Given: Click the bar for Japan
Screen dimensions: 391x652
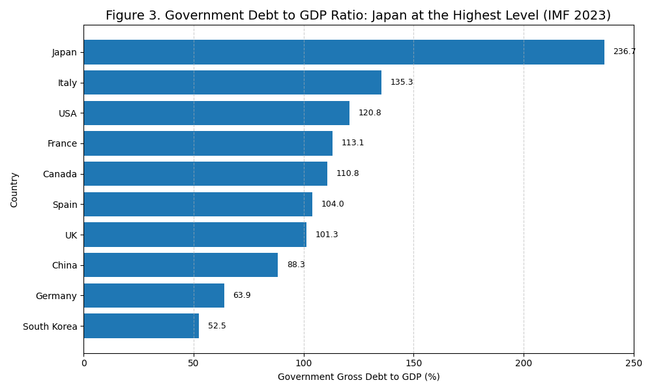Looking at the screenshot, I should point(344,52).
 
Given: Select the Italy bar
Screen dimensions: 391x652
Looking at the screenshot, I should point(232,83).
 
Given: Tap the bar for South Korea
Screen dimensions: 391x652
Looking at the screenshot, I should point(141,326).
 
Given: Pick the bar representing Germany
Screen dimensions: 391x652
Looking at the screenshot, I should point(154,295).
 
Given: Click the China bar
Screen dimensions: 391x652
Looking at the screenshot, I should point(181,265).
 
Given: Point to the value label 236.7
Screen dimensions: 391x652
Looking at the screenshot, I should point(624,52).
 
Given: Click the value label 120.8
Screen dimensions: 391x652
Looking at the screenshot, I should point(370,113).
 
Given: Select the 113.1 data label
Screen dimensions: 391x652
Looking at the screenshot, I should point(353,143).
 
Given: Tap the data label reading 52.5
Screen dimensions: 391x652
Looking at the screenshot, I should point(217,326).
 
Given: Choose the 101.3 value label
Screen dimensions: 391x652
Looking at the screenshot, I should point(327,235).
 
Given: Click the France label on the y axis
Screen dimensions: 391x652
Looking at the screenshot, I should point(62,143).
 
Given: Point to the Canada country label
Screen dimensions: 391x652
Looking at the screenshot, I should point(59,174).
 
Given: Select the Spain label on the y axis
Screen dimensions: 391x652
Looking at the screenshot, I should point(65,205).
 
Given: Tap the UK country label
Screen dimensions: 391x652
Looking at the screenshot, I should point(71,235).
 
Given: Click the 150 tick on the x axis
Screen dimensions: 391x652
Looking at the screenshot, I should point(413,363).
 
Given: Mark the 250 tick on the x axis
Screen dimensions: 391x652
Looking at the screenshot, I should point(633,363).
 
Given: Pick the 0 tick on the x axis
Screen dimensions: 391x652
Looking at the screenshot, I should point(83,363).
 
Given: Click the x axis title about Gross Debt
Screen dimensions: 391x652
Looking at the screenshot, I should point(359,377).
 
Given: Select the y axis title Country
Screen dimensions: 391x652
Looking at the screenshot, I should point(14,190).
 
